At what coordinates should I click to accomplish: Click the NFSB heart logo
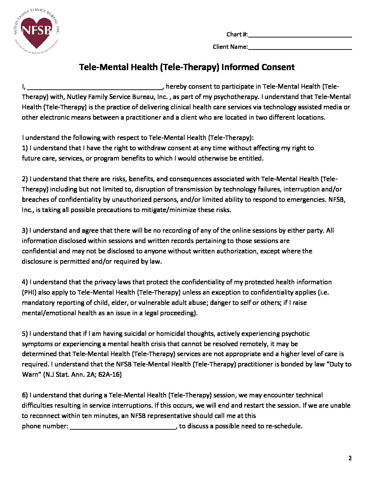pos(36,31)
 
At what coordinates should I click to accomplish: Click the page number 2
pos(350,458)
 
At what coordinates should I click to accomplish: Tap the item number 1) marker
pos(25,148)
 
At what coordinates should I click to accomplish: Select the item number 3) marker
pos(25,231)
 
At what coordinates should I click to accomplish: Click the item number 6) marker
pos(25,395)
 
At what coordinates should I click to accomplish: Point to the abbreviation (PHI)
pos(29,293)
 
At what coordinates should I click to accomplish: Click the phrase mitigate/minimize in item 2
pos(161,210)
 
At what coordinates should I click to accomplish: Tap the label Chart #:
pos(237,34)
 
